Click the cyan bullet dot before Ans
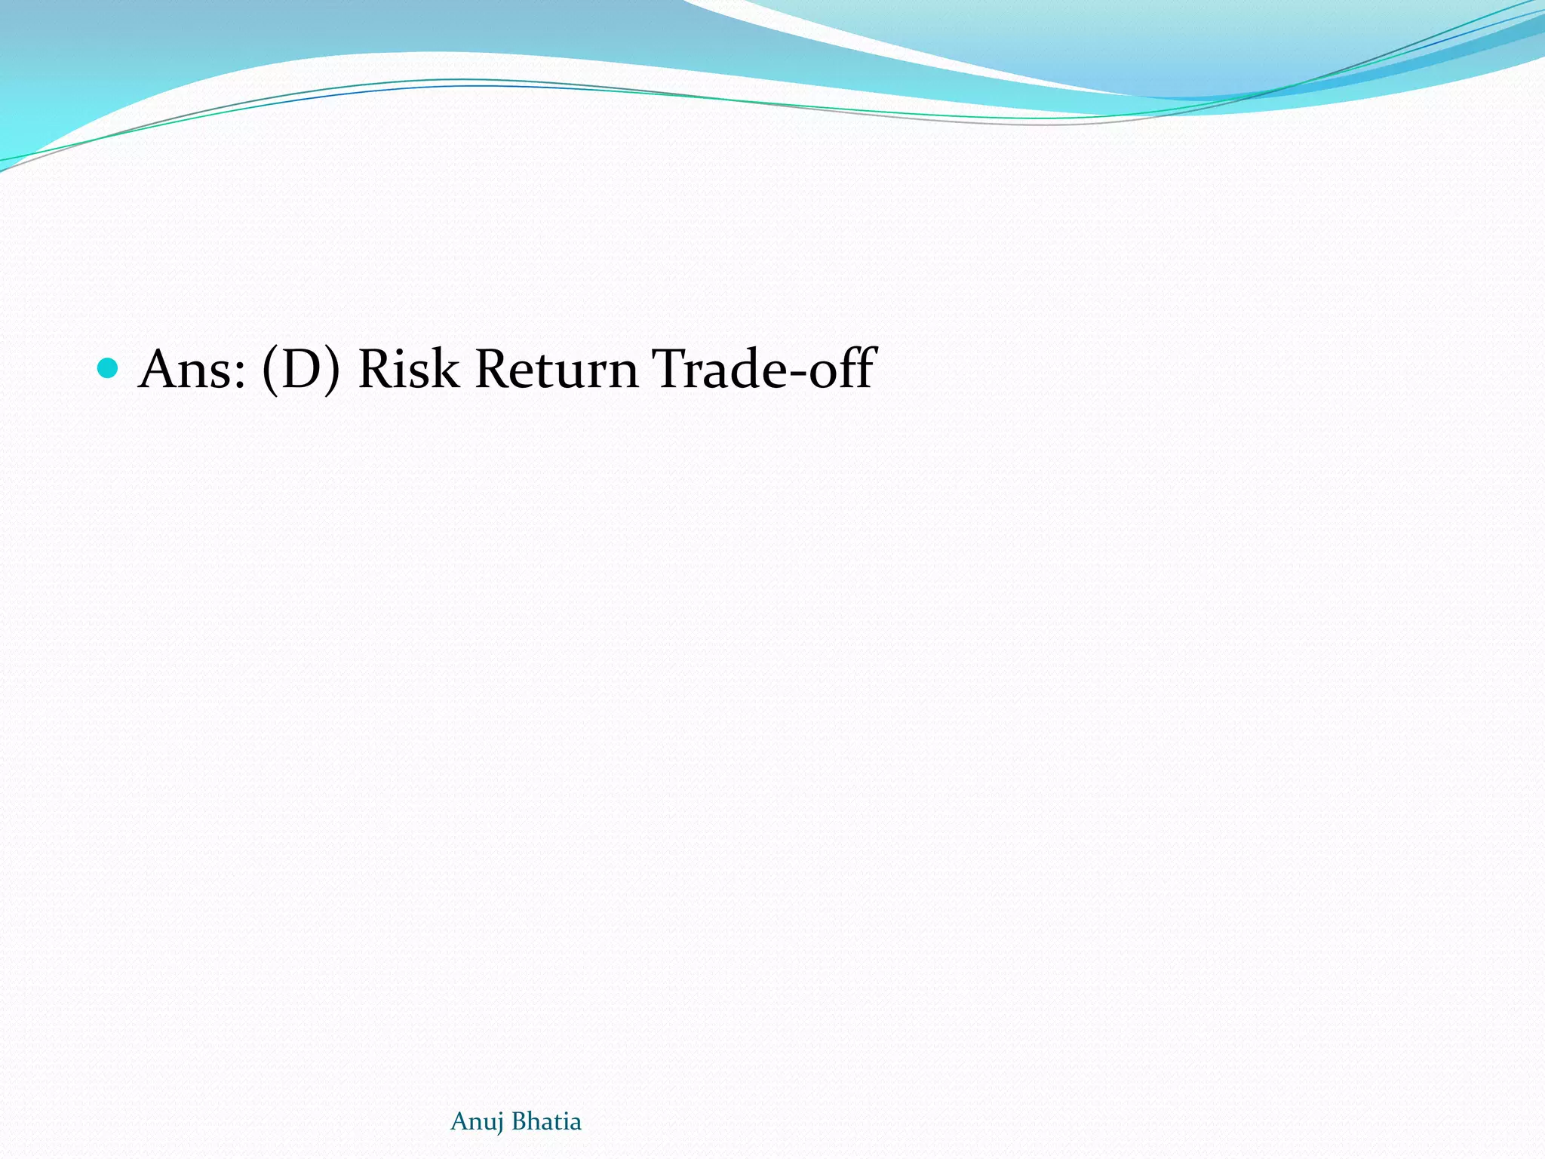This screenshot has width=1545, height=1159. (109, 368)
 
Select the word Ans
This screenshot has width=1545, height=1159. (192, 370)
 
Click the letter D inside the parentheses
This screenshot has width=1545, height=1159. (302, 370)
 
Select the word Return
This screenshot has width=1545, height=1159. (557, 370)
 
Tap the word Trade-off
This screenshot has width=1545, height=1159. (763, 370)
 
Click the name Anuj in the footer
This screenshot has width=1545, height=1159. (477, 1122)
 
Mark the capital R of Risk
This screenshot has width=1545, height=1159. (376, 370)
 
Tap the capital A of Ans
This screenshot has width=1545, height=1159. (162, 370)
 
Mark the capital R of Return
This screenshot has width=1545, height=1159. (494, 370)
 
